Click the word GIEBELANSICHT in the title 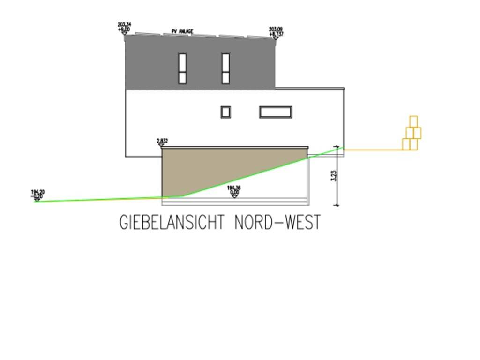click(172, 222)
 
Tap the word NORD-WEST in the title click(277, 222)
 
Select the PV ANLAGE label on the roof click(182, 32)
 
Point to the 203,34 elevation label click(124, 24)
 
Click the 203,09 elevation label click(276, 29)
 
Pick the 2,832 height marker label click(163, 141)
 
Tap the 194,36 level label click(234, 187)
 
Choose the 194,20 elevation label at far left click(37, 192)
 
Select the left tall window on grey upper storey click(182, 68)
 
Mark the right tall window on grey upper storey click(225, 68)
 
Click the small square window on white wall click(225, 112)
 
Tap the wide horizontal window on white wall click(276, 112)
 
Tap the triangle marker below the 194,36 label click(234, 196)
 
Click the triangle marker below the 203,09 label click(276, 37)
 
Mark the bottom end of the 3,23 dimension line click(337, 205)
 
